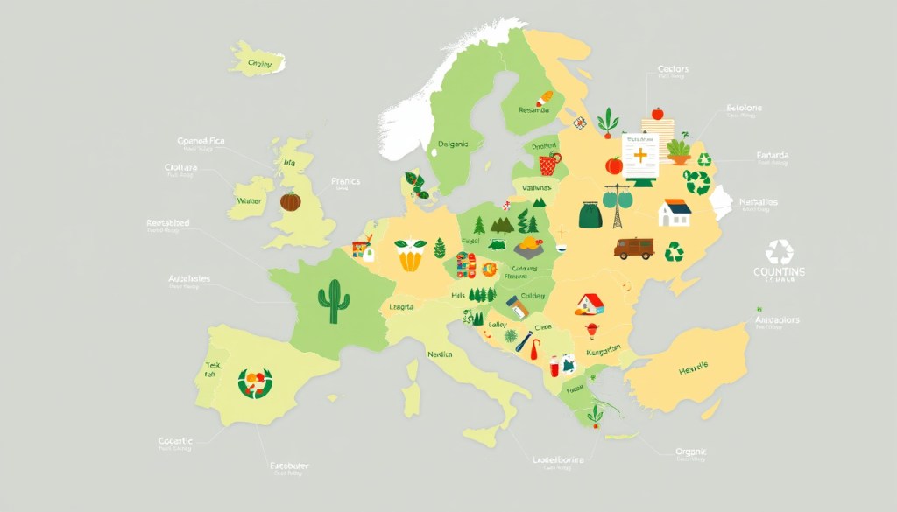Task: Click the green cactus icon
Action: point(333,301)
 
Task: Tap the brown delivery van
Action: point(633,249)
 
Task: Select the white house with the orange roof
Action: point(674,213)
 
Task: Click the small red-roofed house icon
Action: point(590,303)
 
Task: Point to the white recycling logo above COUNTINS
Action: point(778,253)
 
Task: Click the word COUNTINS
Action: point(778,273)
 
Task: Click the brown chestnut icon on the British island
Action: point(291,201)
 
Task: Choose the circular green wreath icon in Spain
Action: point(255,382)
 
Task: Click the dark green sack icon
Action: point(589,214)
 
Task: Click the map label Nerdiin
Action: point(440,354)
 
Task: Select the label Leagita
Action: point(402,307)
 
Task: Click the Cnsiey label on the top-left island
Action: point(259,63)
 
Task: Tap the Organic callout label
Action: point(690,452)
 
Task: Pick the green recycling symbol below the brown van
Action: point(675,253)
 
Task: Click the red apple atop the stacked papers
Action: point(657,113)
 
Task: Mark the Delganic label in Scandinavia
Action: point(453,144)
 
